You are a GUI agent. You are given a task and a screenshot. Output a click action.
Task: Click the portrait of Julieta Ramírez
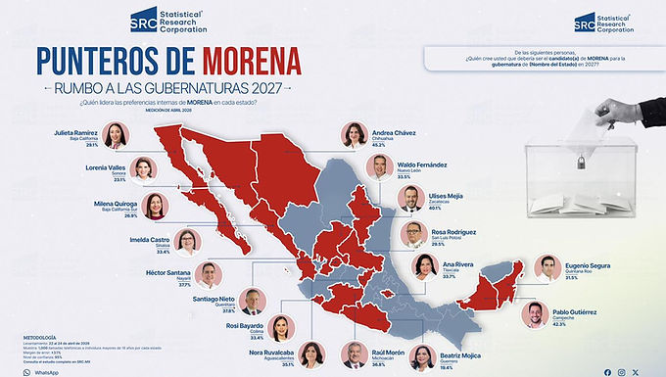tap(117, 135)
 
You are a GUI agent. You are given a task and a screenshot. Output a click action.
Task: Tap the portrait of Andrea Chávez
tap(354, 135)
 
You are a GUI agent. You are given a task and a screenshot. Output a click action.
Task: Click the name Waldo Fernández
tap(422, 165)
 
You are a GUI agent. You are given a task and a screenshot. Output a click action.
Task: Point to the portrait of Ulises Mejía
tap(410, 199)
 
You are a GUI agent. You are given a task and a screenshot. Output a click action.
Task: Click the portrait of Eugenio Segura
tap(549, 268)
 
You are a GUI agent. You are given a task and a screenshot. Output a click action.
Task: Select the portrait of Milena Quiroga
tap(153, 207)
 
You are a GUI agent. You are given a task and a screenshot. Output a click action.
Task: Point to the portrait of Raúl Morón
tap(354, 355)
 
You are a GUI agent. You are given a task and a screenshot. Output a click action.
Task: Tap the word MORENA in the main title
tap(252, 61)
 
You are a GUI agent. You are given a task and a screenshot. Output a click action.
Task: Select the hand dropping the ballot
tap(626, 113)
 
